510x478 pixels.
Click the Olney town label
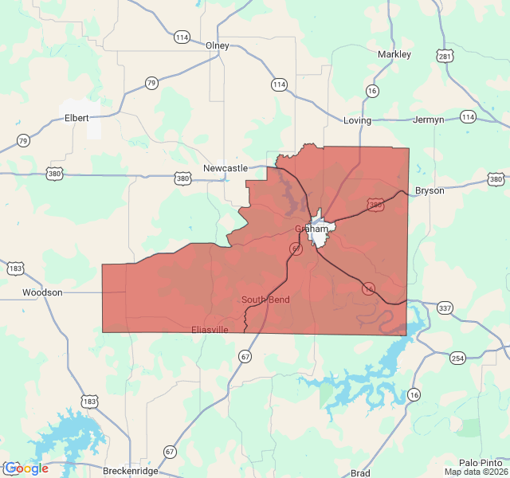pyautogui.click(x=217, y=45)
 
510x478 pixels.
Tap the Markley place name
pyautogui.click(x=394, y=54)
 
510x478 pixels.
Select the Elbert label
pyautogui.click(x=76, y=118)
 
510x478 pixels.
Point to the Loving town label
pyautogui.click(x=357, y=120)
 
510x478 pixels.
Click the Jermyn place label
pyautogui.click(x=429, y=120)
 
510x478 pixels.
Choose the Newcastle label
pyautogui.click(x=226, y=168)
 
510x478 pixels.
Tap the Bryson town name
pyautogui.click(x=430, y=191)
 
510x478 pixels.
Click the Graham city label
pyautogui.click(x=312, y=229)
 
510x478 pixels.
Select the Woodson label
pyautogui.click(x=42, y=292)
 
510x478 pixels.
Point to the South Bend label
pyautogui.click(x=265, y=300)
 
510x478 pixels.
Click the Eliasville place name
pyautogui.click(x=210, y=329)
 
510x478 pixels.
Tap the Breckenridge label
pyautogui.click(x=131, y=471)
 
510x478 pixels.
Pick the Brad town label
pyautogui.click(x=360, y=473)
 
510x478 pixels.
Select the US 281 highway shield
pyautogui.click(x=445, y=56)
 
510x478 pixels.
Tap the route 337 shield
pyautogui.click(x=444, y=308)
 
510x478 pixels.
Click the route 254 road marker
pyautogui.click(x=457, y=358)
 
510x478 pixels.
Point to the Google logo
pyautogui.click(x=25, y=468)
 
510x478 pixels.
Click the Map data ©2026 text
pyautogui.click(x=476, y=472)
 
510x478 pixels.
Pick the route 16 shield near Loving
pyautogui.click(x=371, y=92)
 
